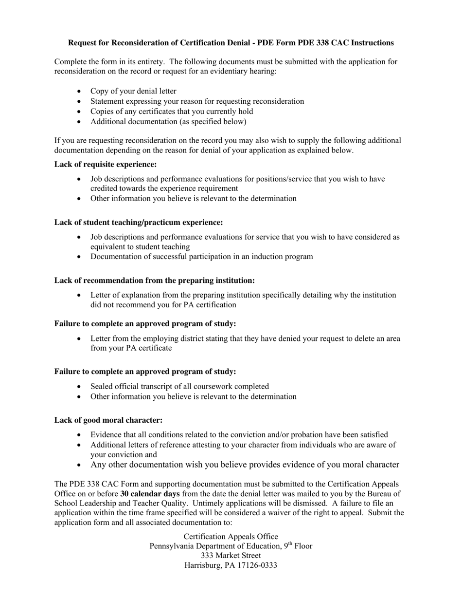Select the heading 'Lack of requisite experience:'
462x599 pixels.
click(x=106, y=165)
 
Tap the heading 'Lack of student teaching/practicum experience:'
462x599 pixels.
click(x=139, y=223)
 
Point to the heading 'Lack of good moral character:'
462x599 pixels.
click(x=108, y=420)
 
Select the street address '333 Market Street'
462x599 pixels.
click(x=231, y=556)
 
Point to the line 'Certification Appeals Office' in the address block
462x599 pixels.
click(x=231, y=537)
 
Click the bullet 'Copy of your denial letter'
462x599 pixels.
click(x=133, y=92)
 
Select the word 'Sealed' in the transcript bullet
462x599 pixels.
click(x=102, y=387)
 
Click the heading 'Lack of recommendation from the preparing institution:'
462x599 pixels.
click(x=155, y=281)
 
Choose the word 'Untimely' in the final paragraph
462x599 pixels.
click(x=294, y=504)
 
